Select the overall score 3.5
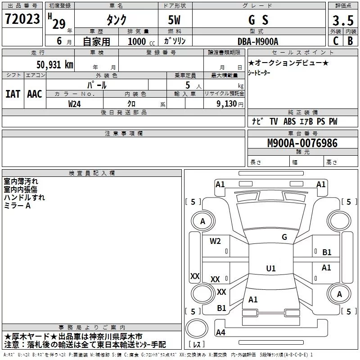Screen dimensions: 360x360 click(342, 21)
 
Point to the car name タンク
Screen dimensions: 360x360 click(116, 20)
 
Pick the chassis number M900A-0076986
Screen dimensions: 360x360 click(302, 143)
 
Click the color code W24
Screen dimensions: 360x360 click(75, 103)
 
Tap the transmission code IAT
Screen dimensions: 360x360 click(13, 94)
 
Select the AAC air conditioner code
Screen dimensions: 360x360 click(35, 94)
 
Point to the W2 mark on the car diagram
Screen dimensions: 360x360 click(215, 241)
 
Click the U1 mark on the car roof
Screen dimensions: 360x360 click(270, 269)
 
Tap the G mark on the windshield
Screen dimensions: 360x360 click(284, 237)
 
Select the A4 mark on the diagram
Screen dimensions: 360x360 click(220, 333)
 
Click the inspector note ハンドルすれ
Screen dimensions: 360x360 click(24, 197)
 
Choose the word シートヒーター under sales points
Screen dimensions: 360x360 click(260, 73)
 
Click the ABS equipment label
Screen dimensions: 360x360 click(289, 121)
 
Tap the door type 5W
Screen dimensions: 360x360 click(175, 20)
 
